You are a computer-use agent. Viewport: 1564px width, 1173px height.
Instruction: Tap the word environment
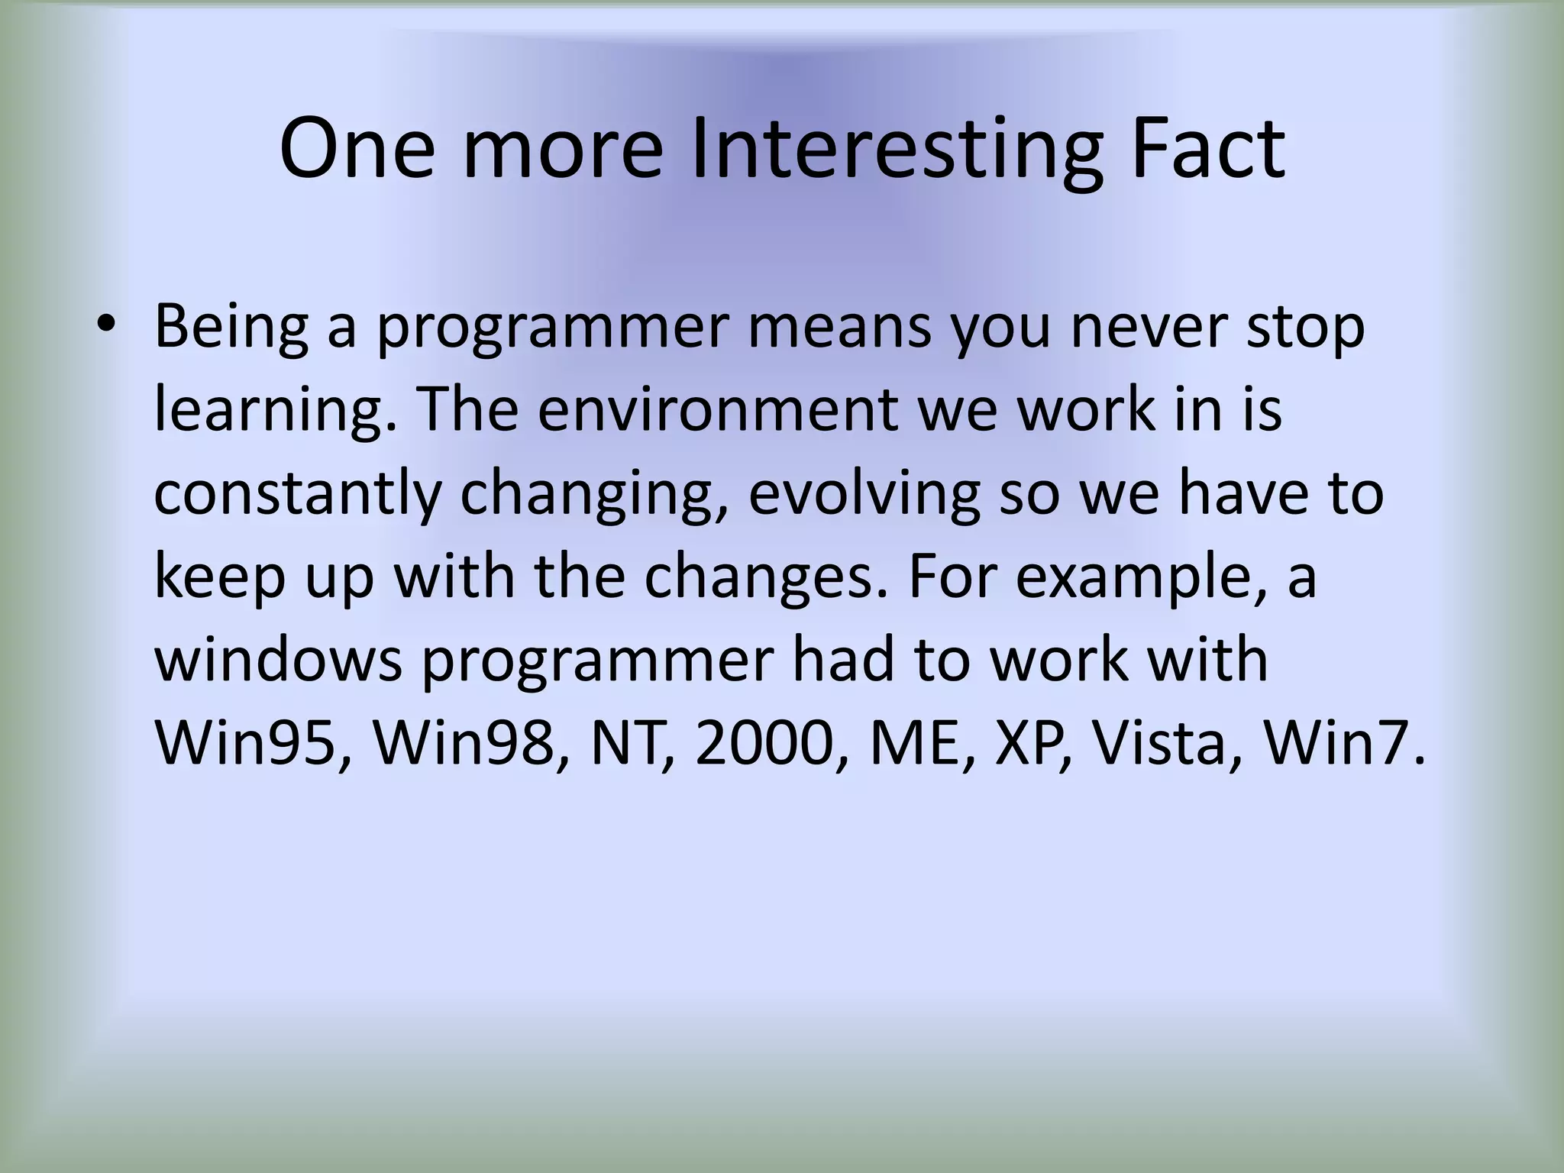[x=717, y=410]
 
